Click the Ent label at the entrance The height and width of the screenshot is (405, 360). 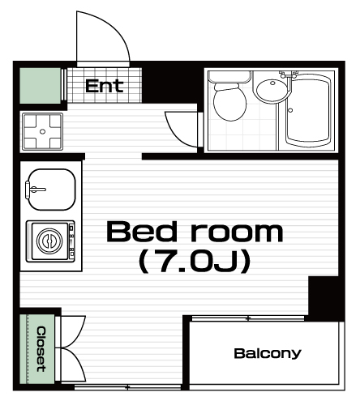(x=105, y=86)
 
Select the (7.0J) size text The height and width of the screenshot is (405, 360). (x=195, y=262)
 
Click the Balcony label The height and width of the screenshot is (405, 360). (x=268, y=353)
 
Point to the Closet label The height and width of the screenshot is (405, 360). (x=41, y=349)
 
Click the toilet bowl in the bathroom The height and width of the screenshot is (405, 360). (x=229, y=103)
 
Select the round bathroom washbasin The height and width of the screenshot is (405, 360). (x=272, y=88)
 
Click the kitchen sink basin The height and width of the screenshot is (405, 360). (x=52, y=190)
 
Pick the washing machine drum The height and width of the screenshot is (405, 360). (x=49, y=241)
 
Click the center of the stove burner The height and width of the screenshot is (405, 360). (x=43, y=131)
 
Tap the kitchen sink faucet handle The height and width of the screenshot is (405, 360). (x=35, y=190)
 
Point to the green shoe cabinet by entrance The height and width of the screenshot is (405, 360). (x=41, y=85)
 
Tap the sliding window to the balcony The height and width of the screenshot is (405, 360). (x=248, y=318)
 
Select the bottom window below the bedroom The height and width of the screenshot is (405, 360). (x=127, y=387)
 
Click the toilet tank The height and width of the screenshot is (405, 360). (x=229, y=77)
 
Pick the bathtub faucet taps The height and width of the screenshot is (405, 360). (x=289, y=75)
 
